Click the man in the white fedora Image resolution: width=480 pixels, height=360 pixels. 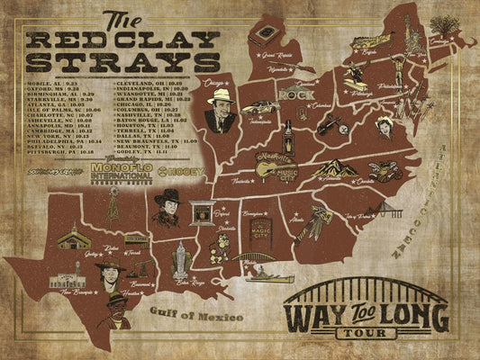[221, 108]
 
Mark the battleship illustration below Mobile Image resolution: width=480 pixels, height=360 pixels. [259, 275]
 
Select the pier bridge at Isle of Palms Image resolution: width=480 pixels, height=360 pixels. [378, 211]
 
